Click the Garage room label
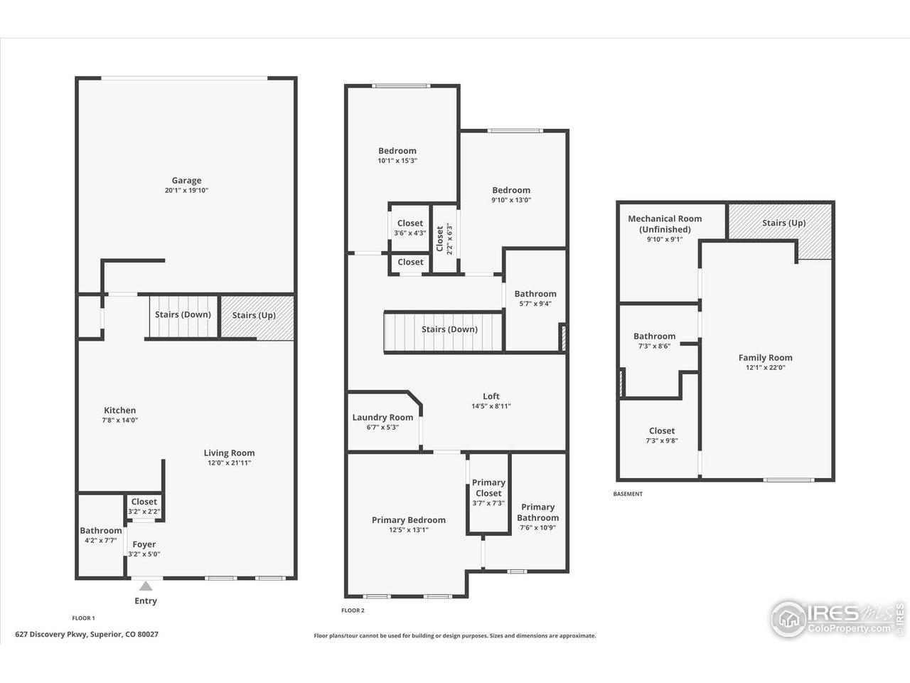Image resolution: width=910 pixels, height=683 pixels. (186, 181)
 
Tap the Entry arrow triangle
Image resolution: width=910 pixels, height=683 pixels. (146, 586)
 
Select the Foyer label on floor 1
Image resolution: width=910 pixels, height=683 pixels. (144, 544)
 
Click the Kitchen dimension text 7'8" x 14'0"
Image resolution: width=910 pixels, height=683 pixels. (120, 420)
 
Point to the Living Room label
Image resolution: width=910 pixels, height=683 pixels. (229, 453)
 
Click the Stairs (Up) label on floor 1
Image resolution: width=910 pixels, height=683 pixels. (254, 315)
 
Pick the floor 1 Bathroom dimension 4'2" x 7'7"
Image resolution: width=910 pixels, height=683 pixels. (100, 540)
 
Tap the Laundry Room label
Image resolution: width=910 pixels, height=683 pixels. (382, 418)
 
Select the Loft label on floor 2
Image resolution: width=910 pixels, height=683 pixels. (491, 396)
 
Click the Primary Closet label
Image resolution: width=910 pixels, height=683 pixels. (488, 488)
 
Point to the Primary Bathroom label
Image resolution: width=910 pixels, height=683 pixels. (537, 512)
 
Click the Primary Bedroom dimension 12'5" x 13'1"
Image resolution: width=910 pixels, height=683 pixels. (408, 529)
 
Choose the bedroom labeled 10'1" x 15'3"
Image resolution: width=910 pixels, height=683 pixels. (397, 151)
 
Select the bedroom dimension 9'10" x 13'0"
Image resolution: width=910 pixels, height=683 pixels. (511, 200)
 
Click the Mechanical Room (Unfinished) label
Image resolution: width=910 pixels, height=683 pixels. (665, 224)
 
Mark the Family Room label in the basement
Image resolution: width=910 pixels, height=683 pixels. (765, 358)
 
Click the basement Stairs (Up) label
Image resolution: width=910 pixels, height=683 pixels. (783, 223)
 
